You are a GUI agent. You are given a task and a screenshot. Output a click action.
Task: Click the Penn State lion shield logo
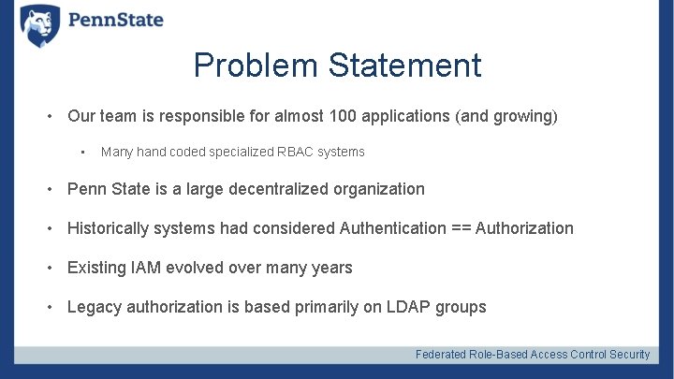point(39,24)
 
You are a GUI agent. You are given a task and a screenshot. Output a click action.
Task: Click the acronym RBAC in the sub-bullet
point(294,152)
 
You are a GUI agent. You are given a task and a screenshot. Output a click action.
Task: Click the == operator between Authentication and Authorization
point(462,228)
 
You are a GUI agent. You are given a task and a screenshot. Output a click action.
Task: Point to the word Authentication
point(393,228)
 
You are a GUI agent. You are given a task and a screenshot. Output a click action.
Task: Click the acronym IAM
point(150,268)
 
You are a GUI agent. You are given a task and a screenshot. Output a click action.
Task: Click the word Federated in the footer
point(442,355)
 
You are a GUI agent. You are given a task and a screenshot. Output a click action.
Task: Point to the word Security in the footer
point(629,355)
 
